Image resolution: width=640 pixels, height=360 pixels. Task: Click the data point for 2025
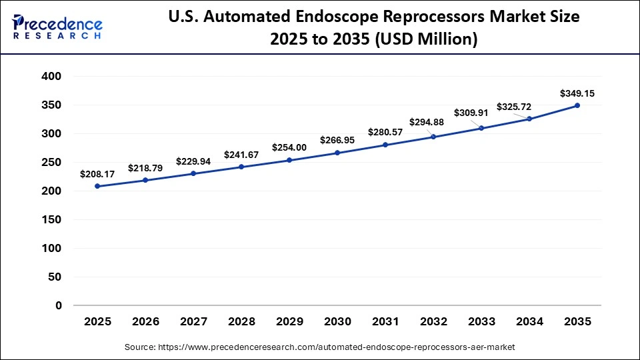coord(97,186)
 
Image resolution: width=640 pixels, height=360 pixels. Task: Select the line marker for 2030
coord(337,153)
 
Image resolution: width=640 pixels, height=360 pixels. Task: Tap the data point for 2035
coord(577,105)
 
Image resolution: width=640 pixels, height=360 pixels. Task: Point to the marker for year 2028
coord(241,167)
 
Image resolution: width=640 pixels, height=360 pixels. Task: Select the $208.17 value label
coord(97,174)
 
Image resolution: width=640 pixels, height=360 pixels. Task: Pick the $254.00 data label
coord(289,147)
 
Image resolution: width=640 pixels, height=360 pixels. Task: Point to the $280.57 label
coord(385,132)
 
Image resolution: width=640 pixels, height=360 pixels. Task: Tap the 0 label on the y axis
coord(58,306)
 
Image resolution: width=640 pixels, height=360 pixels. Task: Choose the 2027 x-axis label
coord(193,321)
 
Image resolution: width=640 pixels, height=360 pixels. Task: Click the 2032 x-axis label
coord(433,321)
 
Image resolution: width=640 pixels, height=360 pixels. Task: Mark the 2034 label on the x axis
coord(529,321)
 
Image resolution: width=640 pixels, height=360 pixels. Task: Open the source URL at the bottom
coord(320,347)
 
